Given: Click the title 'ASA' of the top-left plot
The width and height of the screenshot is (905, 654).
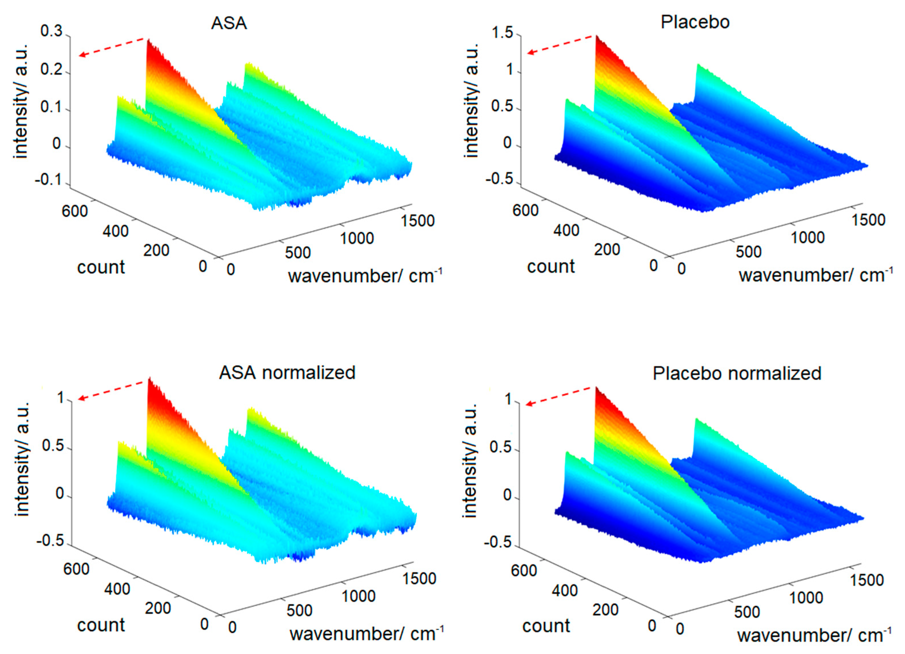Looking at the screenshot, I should pyautogui.click(x=229, y=23).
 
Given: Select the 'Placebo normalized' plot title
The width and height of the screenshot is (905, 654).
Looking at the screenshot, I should pyautogui.click(x=737, y=373).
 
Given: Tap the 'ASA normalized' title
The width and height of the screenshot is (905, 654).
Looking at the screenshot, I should pyautogui.click(x=287, y=373).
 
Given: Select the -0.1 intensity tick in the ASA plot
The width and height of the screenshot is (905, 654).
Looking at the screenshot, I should pyautogui.click(x=49, y=180).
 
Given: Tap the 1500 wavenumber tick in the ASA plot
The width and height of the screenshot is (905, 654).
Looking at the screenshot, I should pyautogui.click(x=418, y=221).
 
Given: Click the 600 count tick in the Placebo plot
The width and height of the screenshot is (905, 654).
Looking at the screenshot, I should pyautogui.click(x=525, y=210).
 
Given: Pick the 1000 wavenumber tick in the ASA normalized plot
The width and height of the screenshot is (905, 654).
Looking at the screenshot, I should pyautogui.click(x=358, y=596).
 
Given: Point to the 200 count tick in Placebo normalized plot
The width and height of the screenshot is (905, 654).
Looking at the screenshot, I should pyautogui.click(x=606, y=609).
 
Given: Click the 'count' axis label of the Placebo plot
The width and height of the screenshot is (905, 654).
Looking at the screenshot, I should pyautogui.click(x=551, y=266).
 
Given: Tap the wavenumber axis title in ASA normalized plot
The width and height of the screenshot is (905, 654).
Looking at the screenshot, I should pyautogui.click(x=366, y=634).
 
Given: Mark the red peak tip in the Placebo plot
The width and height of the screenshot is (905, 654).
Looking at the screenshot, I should pyautogui.click(x=597, y=37).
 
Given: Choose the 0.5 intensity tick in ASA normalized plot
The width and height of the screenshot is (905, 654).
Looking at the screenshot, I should pyautogui.click(x=53, y=446).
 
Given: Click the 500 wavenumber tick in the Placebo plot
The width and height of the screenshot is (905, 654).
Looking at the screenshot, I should pyautogui.click(x=748, y=251).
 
